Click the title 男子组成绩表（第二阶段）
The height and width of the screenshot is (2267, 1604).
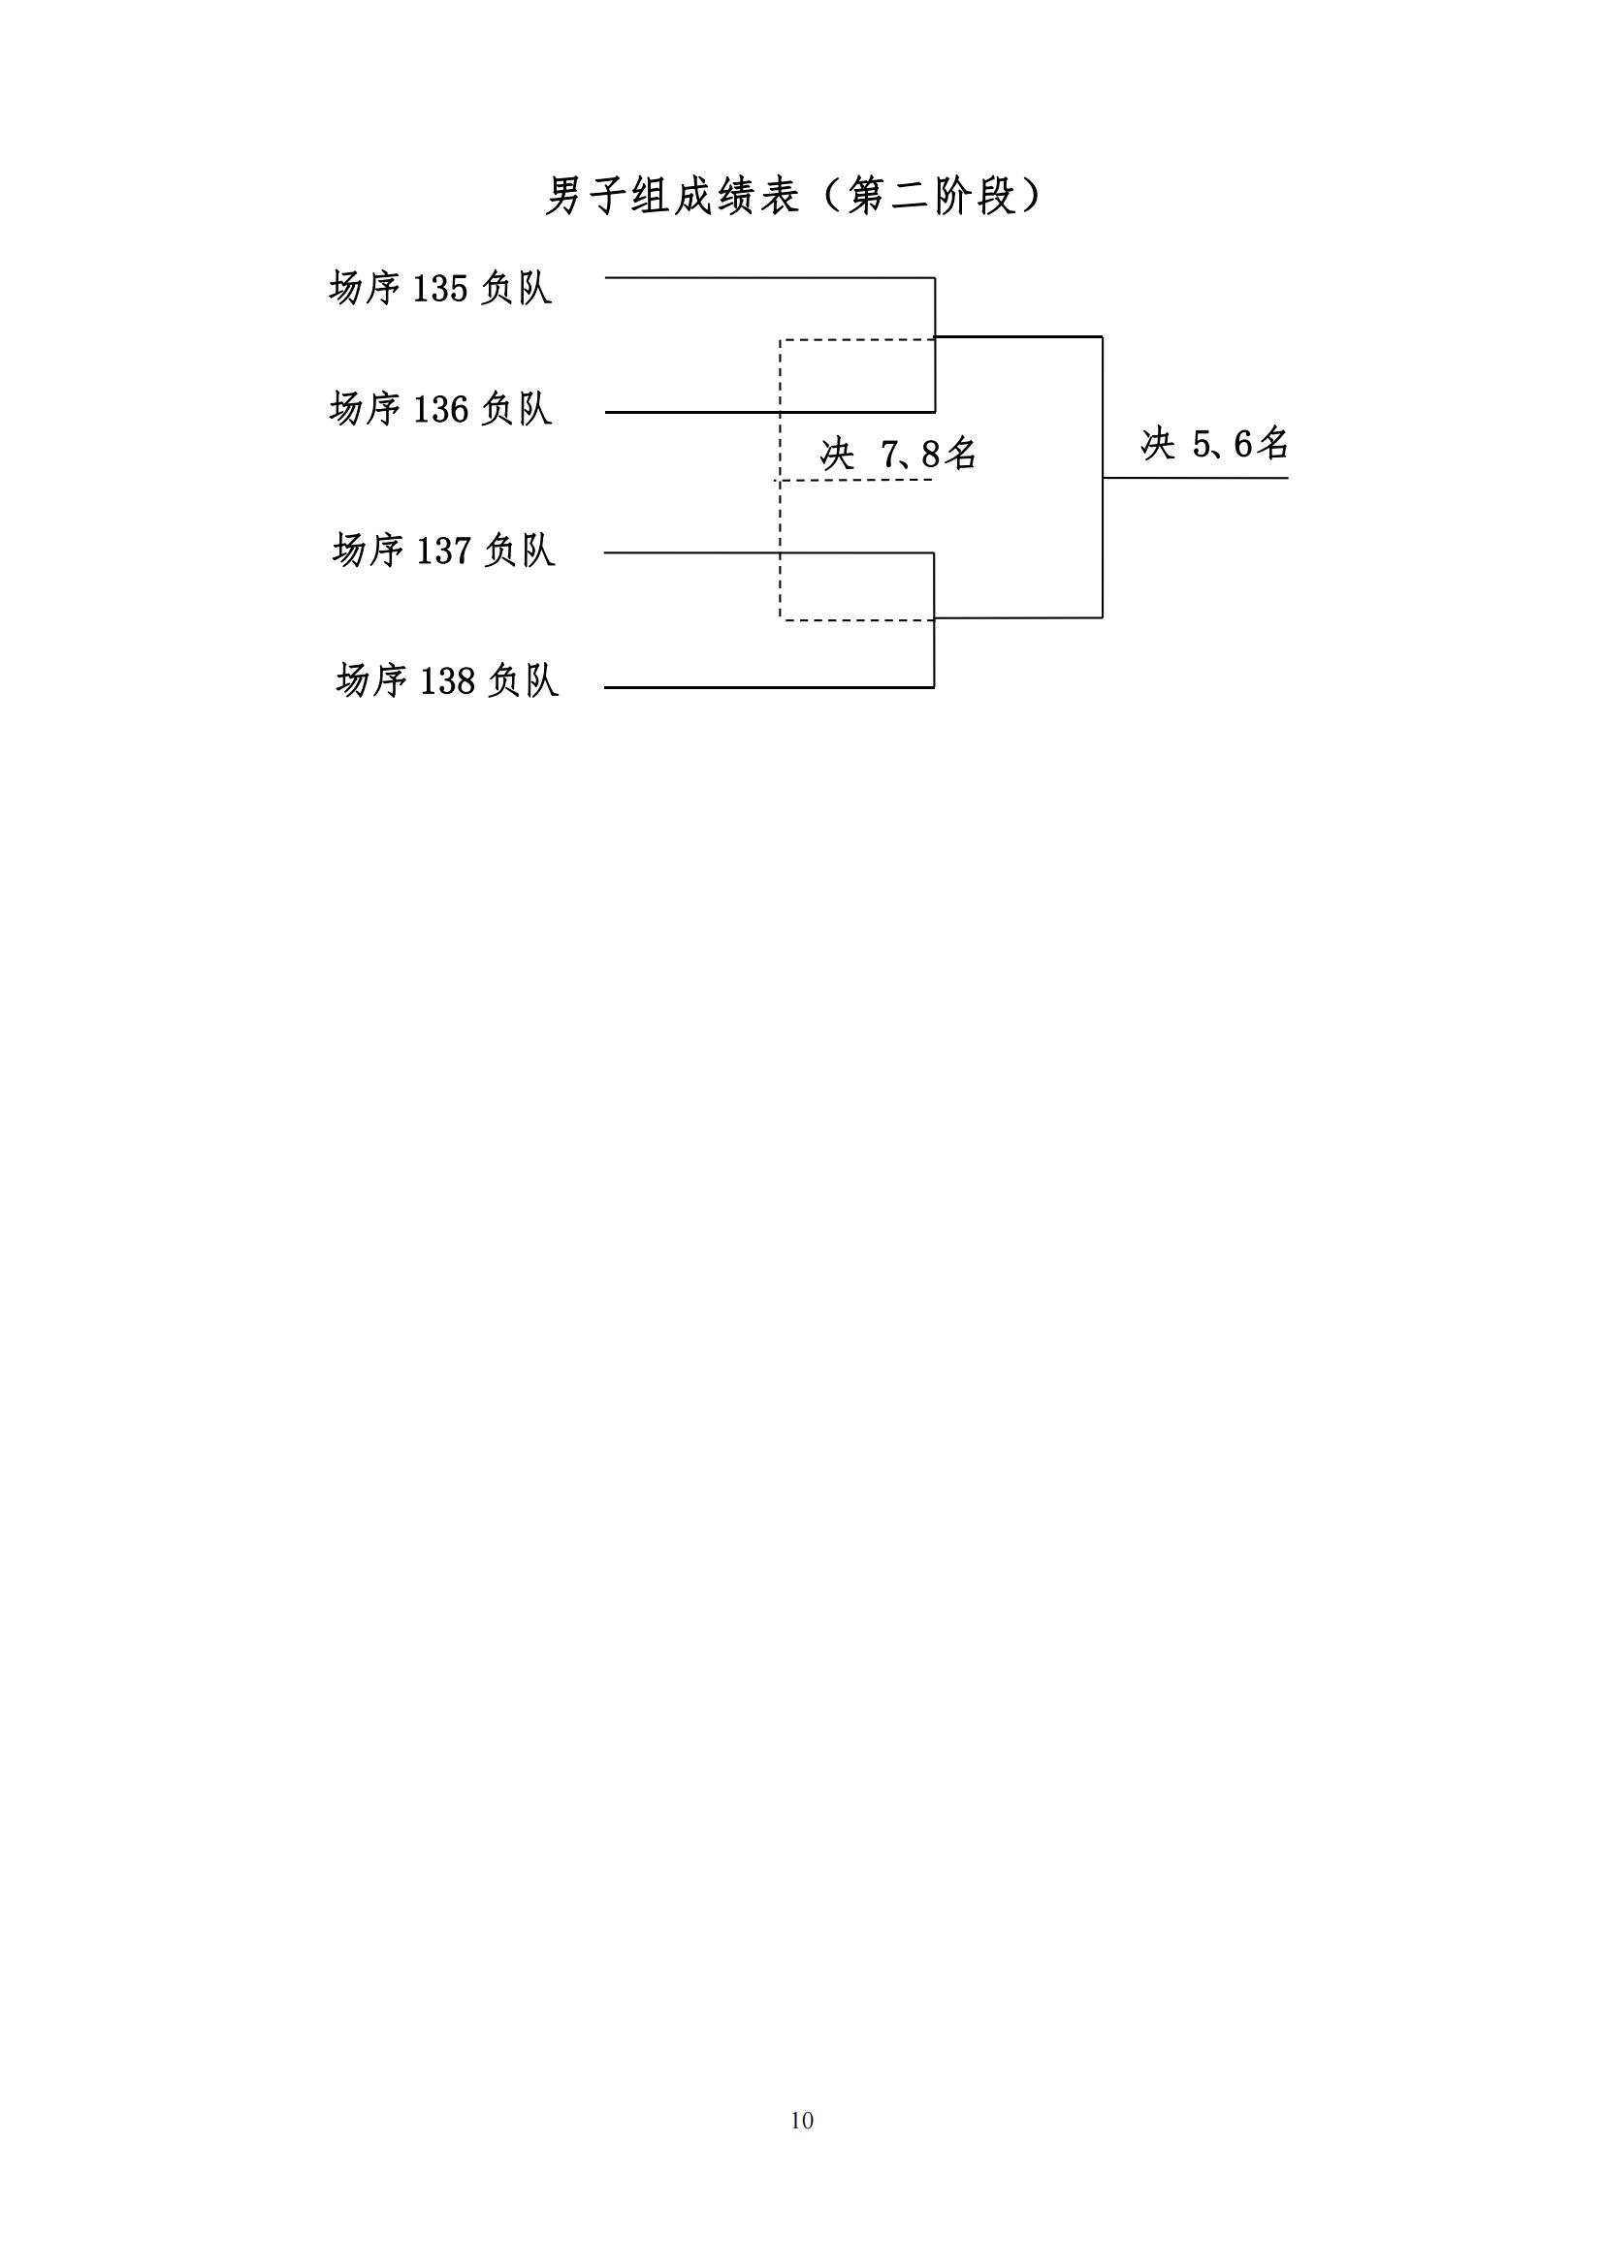tap(794, 197)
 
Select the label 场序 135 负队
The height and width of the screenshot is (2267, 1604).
tap(440, 288)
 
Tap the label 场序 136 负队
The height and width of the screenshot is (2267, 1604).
tap(440, 409)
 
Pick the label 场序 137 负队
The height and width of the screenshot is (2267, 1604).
tap(444, 550)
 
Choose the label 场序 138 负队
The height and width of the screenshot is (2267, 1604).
tap(447, 680)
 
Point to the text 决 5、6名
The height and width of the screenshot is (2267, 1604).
tap(1215, 444)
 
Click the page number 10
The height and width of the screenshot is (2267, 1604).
tap(802, 2121)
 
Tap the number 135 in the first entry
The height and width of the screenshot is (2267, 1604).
tap(439, 289)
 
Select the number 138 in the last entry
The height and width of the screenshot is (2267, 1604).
tap(447, 681)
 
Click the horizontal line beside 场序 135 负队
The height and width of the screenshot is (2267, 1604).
tap(769, 278)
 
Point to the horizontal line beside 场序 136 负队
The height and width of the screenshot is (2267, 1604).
tap(769, 412)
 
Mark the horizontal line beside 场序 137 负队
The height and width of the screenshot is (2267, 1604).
tap(768, 552)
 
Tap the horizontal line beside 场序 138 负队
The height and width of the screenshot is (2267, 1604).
tap(768, 687)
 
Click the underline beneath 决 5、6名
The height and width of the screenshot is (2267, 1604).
tap(1195, 478)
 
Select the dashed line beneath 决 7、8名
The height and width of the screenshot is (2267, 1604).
tap(854, 481)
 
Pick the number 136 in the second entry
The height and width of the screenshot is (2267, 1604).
tap(439, 410)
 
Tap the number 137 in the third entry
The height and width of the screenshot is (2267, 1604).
tap(443, 551)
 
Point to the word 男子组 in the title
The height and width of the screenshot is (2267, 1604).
tap(608, 197)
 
